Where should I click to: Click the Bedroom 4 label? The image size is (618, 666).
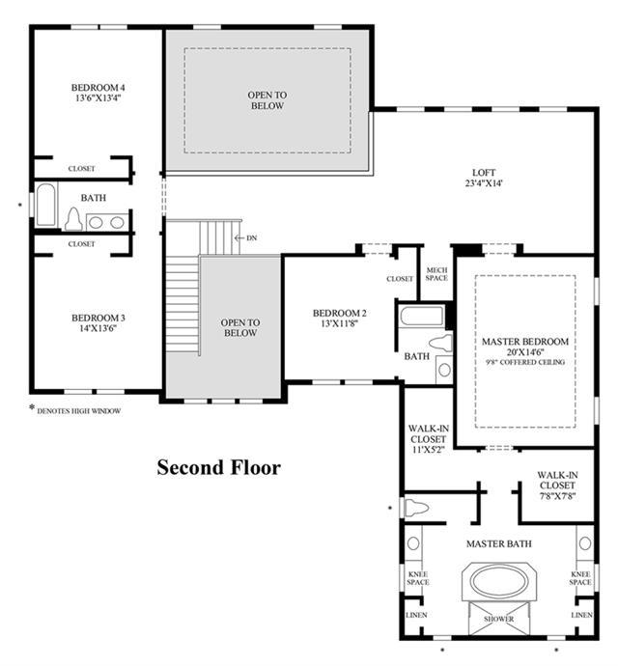coord(98,88)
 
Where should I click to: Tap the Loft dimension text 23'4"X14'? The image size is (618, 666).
coord(484,183)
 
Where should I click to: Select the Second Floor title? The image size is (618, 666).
coord(218,467)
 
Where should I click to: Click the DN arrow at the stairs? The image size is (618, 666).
coord(239,237)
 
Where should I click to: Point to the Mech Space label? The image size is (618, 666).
coord(436,274)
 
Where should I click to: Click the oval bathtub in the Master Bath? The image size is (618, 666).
coord(499,581)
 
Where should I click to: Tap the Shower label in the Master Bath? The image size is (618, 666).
coord(499,619)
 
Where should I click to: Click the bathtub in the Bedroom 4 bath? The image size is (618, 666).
coord(45,205)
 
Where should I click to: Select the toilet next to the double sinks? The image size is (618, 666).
coord(74,219)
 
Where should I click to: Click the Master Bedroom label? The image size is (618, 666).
coord(525,342)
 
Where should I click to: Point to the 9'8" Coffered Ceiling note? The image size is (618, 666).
coord(525,362)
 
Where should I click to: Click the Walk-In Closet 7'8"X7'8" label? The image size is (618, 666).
coord(557,486)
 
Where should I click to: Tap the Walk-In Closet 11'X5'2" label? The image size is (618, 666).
coord(428,439)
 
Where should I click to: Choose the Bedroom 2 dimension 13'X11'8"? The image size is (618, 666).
coord(339,323)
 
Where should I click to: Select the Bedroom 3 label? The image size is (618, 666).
coord(98,318)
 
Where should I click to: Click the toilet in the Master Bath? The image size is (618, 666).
coord(416,507)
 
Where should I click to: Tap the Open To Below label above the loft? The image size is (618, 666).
coord(267,100)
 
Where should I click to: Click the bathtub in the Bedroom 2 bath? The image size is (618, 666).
coord(421,316)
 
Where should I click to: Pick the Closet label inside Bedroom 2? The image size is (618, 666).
coord(400,279)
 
